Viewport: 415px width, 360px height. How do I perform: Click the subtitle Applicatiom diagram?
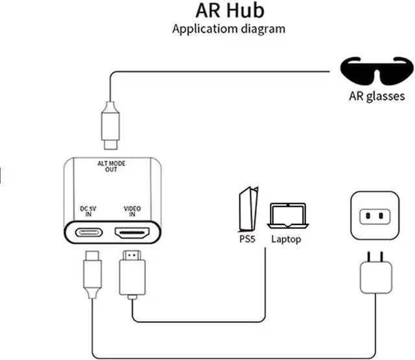click(x=228, y=29)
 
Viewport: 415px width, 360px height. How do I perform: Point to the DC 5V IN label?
click(x=88, y=211)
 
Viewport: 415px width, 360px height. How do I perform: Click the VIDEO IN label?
click(x=132, y=211)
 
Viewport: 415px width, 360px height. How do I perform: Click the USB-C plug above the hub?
click(x=110, y=124)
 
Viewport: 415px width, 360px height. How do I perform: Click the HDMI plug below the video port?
click(x=132, y=269)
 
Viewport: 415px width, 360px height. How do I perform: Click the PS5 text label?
click(x=246, y=239)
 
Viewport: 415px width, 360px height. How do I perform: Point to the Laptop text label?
click(x=286, y=239)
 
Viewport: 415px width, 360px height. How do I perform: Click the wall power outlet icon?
click(x=373, y=215)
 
